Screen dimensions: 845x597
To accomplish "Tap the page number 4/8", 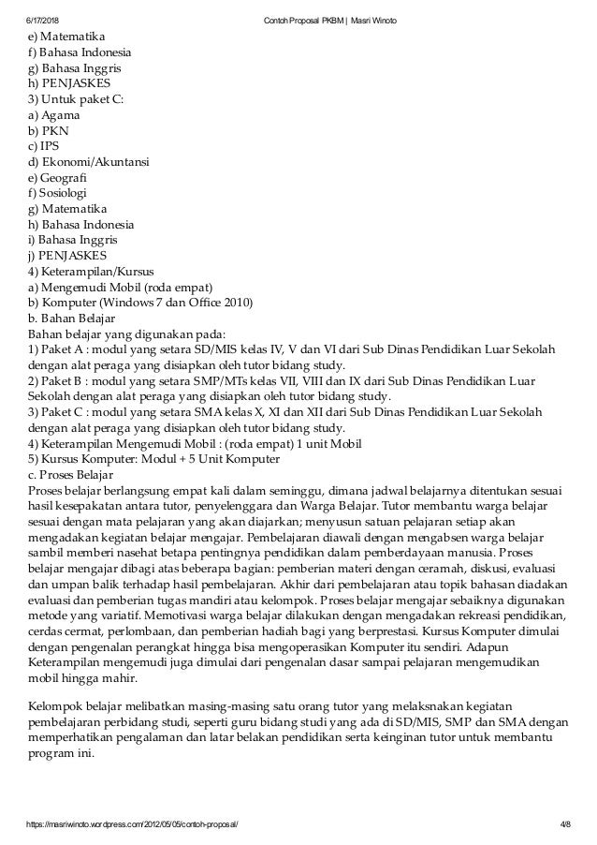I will click(x=561, y=824).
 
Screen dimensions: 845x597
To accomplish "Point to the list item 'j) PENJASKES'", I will click(x=67, y=256).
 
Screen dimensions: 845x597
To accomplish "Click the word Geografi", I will click(x=66, y=177).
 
